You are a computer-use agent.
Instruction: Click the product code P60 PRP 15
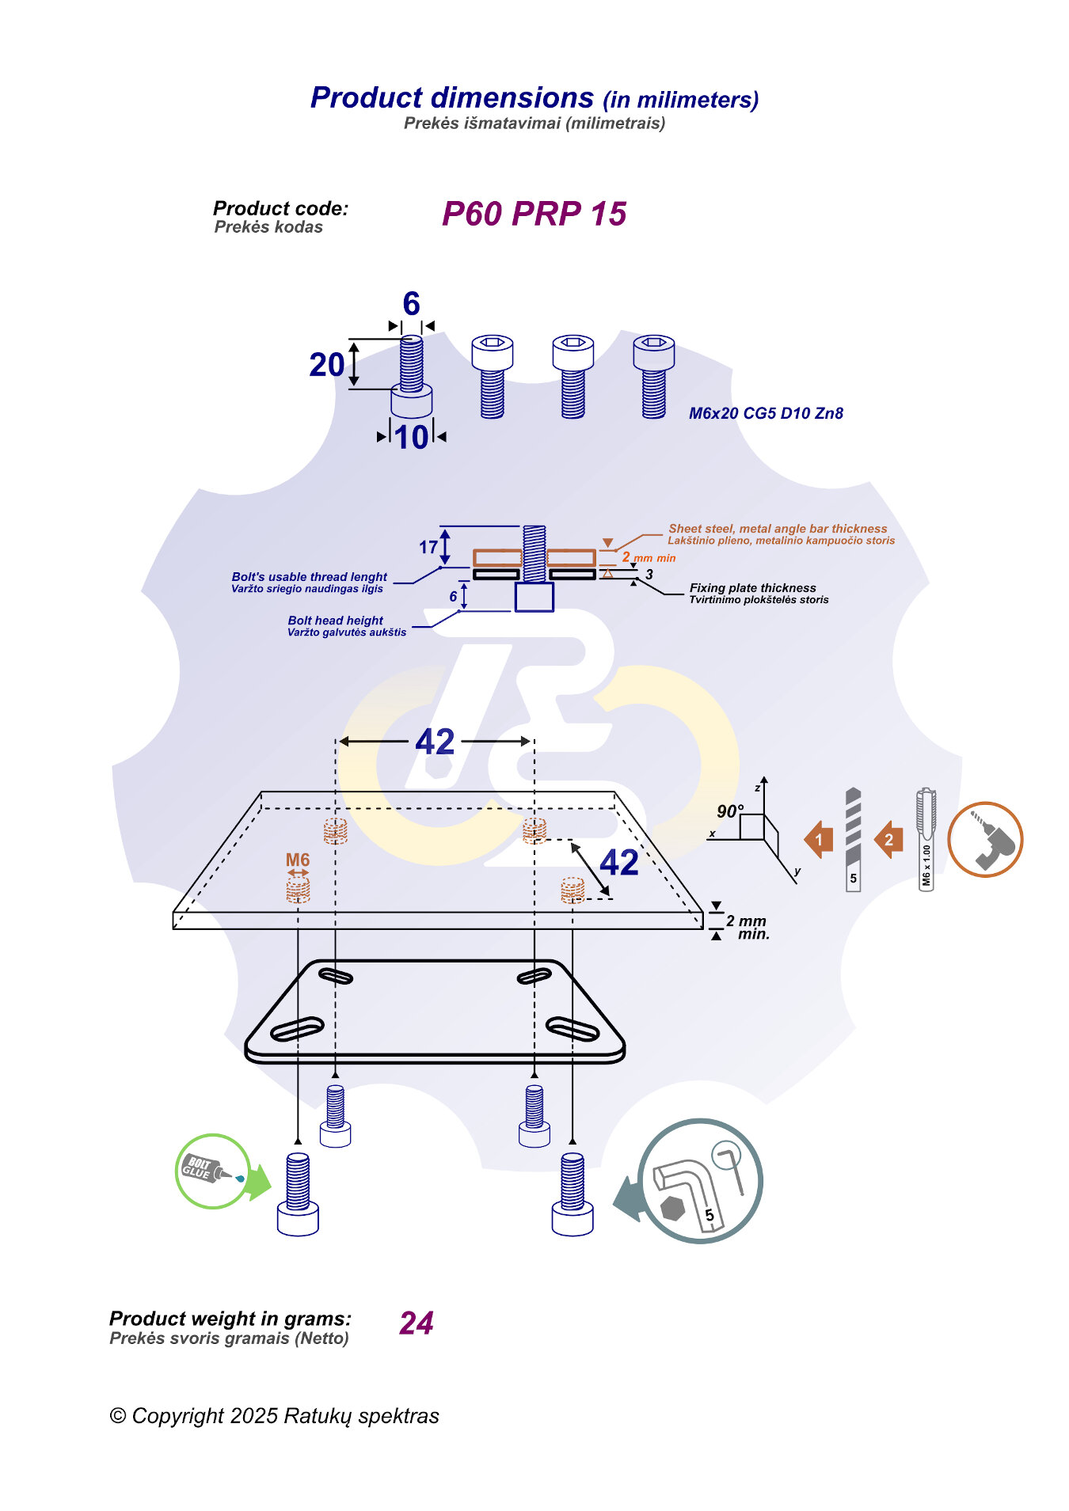click(534, 214)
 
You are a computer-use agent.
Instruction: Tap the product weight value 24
click(417, 1323)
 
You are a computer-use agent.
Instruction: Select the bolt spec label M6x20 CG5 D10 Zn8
click(766, 413)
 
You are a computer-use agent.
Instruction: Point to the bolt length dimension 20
click(326, 365)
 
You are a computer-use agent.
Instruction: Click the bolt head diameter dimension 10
click(412, 438)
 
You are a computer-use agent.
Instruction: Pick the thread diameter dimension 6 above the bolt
click(411, 304)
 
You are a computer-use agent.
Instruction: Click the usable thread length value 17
click(428, 547)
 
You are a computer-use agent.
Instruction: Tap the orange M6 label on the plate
click(298, 860)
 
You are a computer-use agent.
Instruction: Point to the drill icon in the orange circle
click(985, 839)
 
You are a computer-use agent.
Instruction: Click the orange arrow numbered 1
click(819, 840)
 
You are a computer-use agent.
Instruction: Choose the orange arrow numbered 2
click(888, 840)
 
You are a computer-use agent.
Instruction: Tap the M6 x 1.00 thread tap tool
click(926, 839)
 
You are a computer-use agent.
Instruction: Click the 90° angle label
click(729, 811)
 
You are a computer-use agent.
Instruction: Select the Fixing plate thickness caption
click(752, 588)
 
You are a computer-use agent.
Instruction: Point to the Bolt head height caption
click(335, 621)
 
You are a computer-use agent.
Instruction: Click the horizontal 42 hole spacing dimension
click(435, 742)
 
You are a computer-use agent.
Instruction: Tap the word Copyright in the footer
click(178, 1416)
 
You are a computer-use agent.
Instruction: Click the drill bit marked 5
click(853, 839)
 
